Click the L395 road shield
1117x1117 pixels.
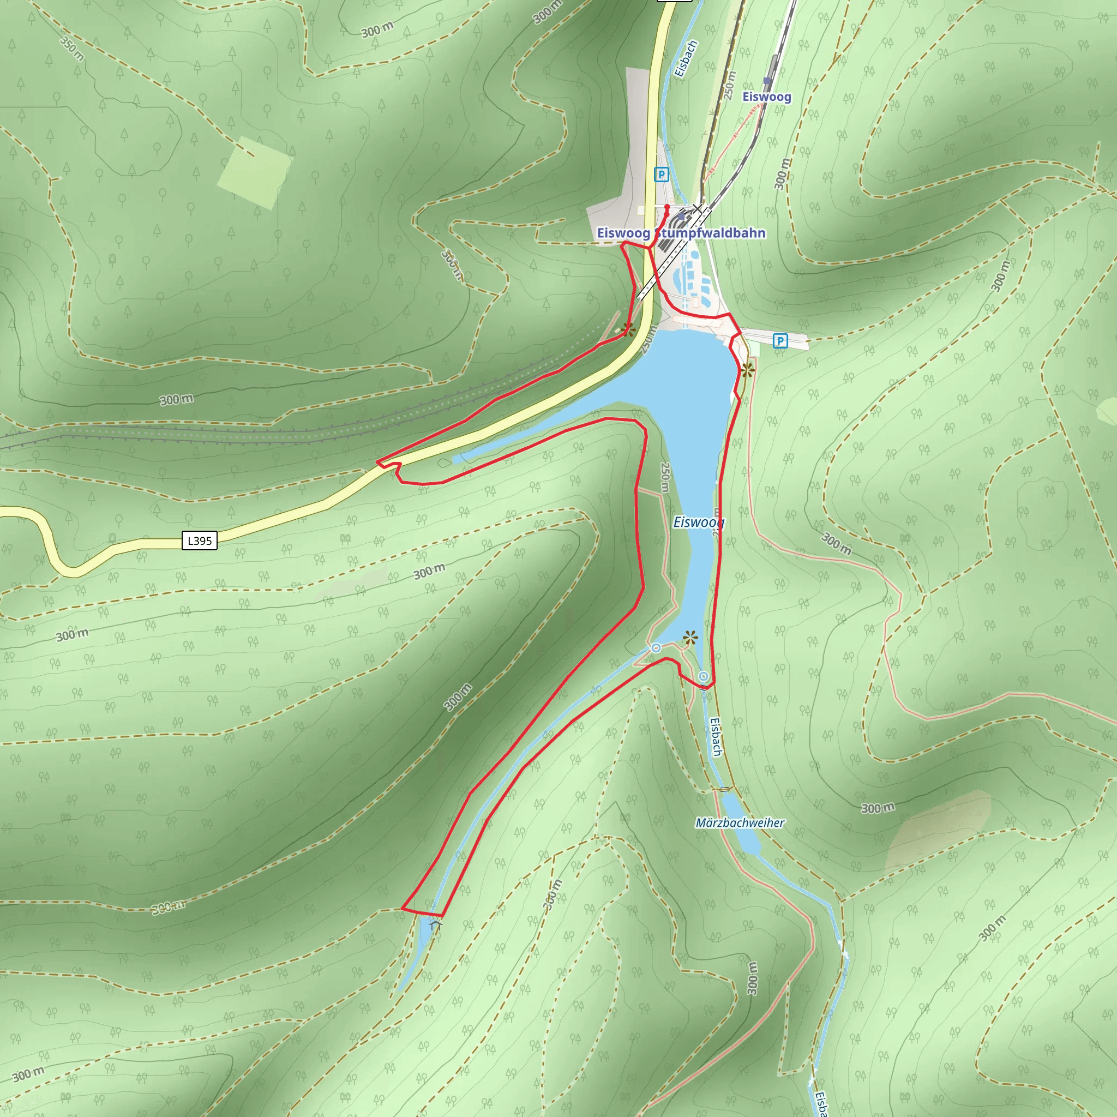click(200, 541)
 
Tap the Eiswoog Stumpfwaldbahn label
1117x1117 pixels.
click(681, 233)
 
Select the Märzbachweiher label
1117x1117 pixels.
click(740, 822)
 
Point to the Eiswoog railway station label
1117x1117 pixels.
click(767, 97)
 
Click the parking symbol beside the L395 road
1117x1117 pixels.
click(662, 174)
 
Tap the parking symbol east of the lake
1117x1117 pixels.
click(780, 340)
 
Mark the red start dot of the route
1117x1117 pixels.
click(666, 206)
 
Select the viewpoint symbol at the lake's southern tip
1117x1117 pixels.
click(690, 638)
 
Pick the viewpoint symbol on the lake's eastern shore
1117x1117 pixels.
click(748, 370)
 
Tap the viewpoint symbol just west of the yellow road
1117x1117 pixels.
click(628, 331)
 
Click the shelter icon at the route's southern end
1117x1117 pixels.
click(436, 926)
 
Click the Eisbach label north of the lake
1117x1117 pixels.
click(686, 58)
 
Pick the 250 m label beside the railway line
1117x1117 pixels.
click(730, 85)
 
